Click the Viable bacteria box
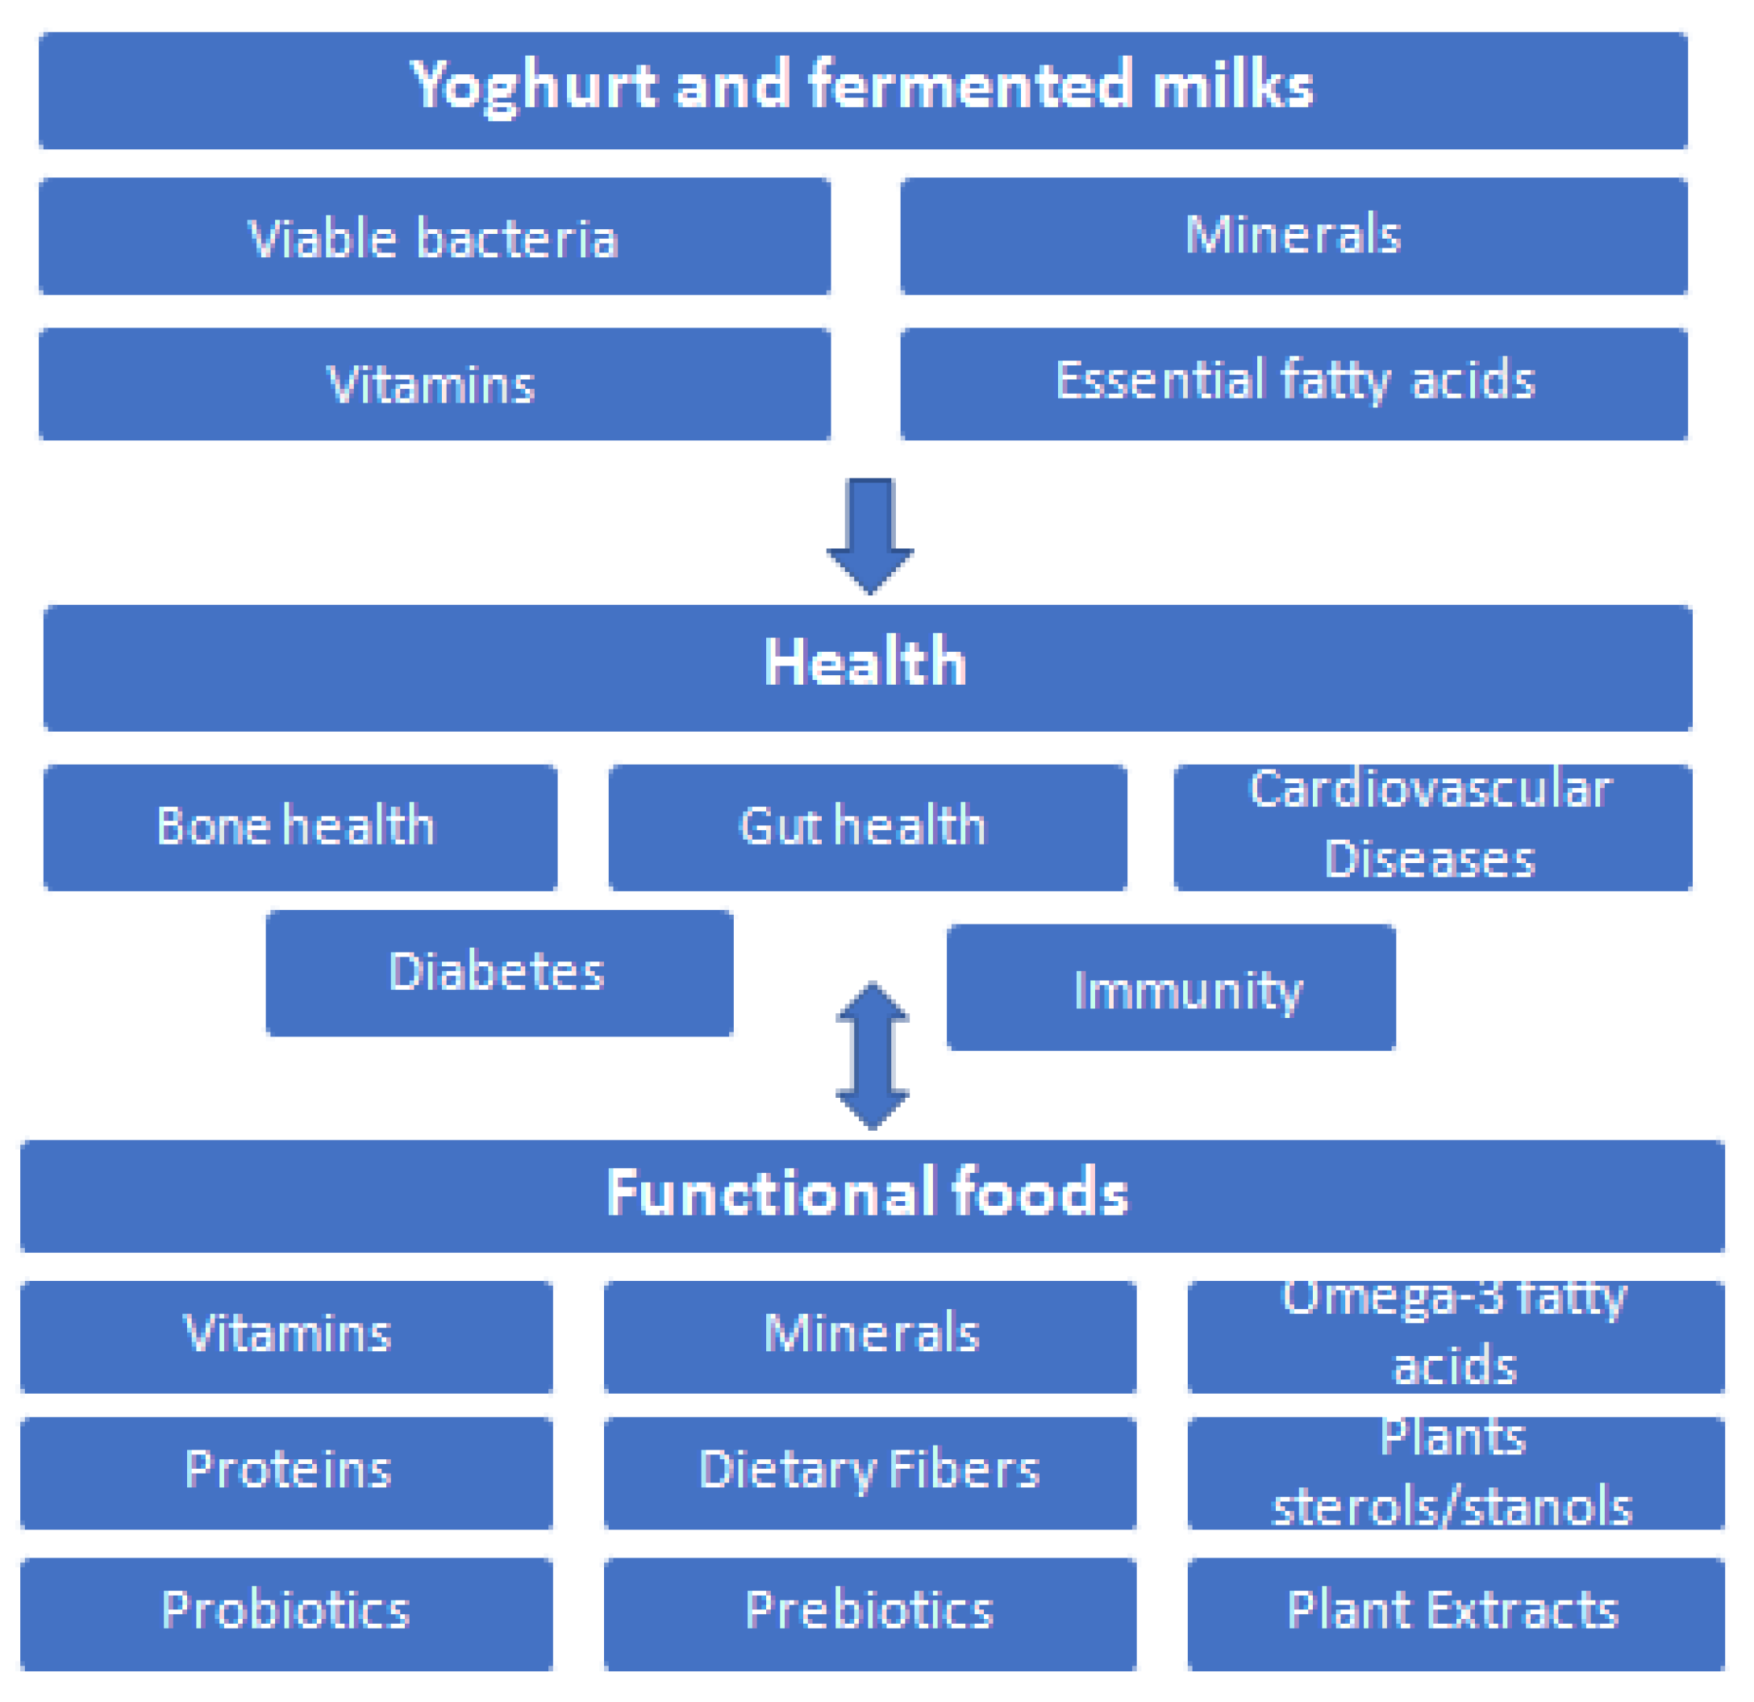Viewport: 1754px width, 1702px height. coord(434,237)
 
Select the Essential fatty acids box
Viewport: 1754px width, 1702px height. coord(1294,383)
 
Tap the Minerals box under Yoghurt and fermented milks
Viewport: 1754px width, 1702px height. coord(1294,236)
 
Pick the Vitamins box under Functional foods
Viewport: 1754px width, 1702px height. coord(286,1336)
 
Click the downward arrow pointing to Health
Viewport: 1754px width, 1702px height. coord(870,536)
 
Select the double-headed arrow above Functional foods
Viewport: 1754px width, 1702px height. coord(873,1057)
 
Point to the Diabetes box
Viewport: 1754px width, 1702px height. coord(498,974)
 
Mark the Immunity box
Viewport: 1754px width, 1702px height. coord(1170,987)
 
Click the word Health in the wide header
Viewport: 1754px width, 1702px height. coord(865,662)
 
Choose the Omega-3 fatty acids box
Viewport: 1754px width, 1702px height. coord(1455,1336)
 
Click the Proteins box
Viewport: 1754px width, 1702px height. coord(286,1473)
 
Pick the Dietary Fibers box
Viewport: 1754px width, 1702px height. coord(869,1473)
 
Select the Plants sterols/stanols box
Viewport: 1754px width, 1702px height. coord(1455,1473)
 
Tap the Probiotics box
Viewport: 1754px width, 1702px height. coord(286,1612)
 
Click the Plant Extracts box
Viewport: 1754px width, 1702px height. coord(1455,1612)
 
